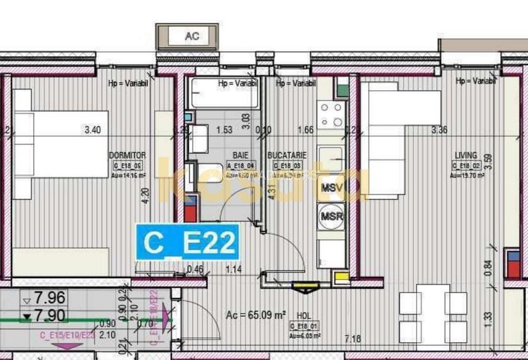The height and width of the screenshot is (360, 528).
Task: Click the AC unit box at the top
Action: click(191, 36)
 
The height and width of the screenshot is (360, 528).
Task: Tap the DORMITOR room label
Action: click(128, 155)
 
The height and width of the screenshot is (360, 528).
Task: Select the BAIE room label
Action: click(241, 155)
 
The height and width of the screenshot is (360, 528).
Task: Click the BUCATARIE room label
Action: click(287, 155)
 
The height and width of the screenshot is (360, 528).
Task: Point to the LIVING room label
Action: click(466, 155)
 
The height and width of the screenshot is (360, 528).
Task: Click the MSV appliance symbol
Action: click(332, 188)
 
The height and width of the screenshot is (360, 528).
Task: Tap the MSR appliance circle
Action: click(332, 215)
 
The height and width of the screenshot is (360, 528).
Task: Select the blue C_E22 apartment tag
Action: click(188, 242)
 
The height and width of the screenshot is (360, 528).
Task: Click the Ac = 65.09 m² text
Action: click(255, 315)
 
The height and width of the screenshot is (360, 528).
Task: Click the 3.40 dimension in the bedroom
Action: click(93, 130)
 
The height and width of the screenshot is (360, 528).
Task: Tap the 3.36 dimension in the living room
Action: click(440, 130)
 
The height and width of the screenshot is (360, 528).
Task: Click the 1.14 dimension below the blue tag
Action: click(235, 269)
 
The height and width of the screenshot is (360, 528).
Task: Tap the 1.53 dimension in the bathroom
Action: click(224, 130)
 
